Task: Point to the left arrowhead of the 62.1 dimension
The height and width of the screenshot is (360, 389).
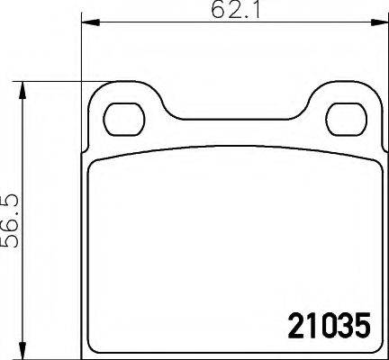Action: click(86, 25)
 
